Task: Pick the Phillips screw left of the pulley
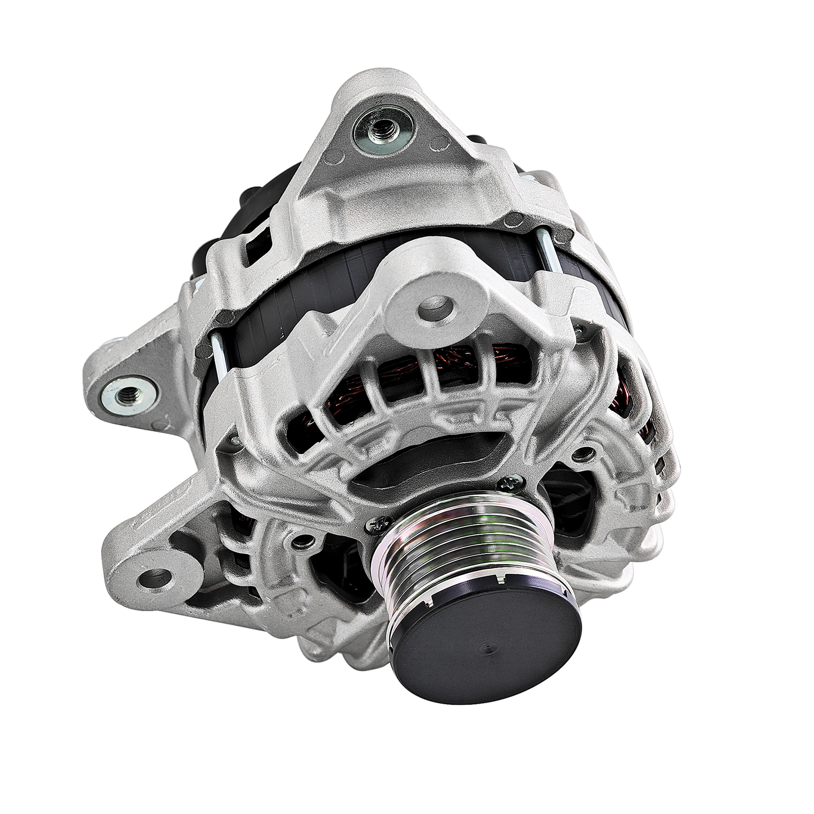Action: (376, 526)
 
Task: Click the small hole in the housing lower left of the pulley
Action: (304, 540)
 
